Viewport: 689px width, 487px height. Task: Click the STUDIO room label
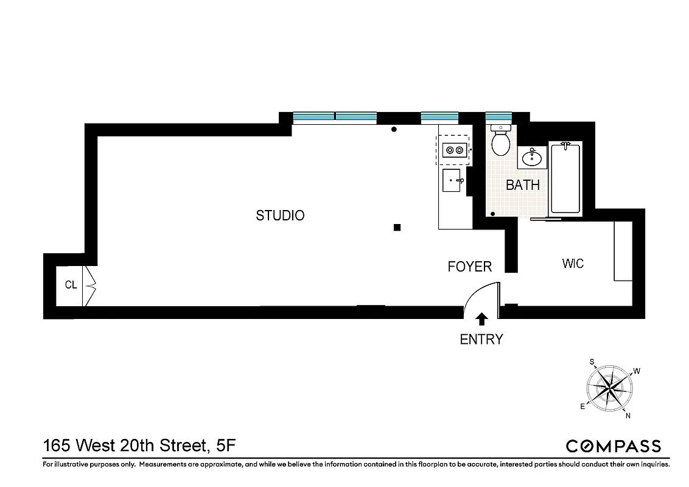tap(280, 215)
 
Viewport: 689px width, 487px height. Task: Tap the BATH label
tap(523, 185)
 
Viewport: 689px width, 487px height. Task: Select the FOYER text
tap(469, 267)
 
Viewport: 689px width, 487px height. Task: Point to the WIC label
tap(573, 264)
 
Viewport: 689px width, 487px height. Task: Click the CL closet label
tap(71, 285)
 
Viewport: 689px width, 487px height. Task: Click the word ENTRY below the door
tap(481, 340)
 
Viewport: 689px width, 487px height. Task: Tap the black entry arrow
tap(481, 318)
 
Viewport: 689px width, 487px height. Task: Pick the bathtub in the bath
tap(565, 177)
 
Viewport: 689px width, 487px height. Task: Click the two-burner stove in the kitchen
tap(454, 149)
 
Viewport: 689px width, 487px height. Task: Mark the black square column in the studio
tap(397, 228)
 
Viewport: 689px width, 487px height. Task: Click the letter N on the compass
tap(628, 416)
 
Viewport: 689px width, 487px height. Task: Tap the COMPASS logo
tap(613, 446)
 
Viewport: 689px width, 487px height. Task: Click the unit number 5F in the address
tap(226, 446)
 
